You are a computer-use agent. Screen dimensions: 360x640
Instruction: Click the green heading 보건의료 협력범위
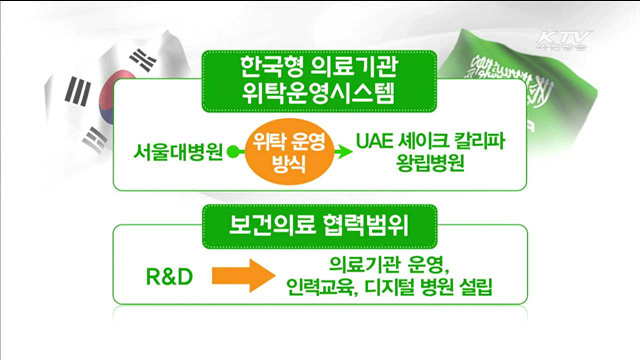[320, 226]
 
